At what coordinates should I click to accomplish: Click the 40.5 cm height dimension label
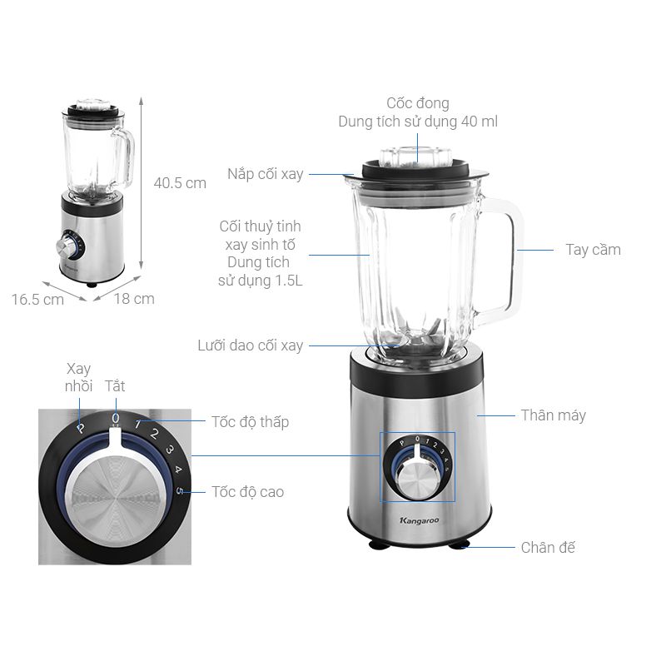[x=180, y=183]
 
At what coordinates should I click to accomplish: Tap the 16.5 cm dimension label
[x=37, y=300]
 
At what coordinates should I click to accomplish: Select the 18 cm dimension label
[x=134, y=299]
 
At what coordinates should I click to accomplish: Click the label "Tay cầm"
[x=593, y=250]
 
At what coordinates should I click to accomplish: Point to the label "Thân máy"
[x=554, y=415]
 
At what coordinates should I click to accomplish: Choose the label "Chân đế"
[x=548, y=548]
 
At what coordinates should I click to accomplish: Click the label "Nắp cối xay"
[x=266, y=174]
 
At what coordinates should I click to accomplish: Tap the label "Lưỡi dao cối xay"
[x=251, y=345]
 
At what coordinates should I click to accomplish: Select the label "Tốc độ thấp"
[x=251, y=422]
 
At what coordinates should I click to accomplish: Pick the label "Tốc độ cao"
[x=247, y=492]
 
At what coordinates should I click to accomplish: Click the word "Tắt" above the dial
[x=115, y=386]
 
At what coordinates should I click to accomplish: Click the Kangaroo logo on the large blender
[x=420, y=521]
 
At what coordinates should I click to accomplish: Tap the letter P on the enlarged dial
[x=80, y=428]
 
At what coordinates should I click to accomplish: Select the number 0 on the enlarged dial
[x=116, y=419]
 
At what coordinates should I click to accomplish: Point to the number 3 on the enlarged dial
[x=170, y=450]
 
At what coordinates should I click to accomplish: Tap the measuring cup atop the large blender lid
[x=415, y=157]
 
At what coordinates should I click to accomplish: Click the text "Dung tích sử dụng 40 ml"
[x=418, y=122]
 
